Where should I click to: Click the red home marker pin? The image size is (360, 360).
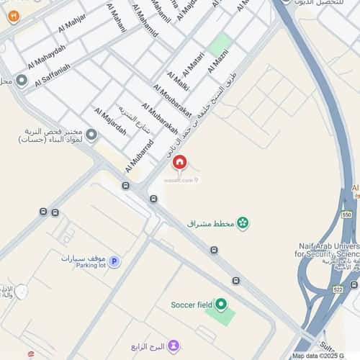click(179, 163)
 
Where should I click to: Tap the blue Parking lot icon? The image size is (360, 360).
click(114, 261)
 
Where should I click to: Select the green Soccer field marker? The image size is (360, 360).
click(221, 305)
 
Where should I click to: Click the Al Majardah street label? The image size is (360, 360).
click(109, 121)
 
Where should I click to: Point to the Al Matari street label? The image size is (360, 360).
click(194, 66)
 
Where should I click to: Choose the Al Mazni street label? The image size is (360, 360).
click(217, 59)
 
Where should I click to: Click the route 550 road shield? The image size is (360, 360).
click(347, 215)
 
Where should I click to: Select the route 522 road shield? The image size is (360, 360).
click(338, 289)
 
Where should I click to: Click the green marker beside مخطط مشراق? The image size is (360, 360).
click(243, 224)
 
